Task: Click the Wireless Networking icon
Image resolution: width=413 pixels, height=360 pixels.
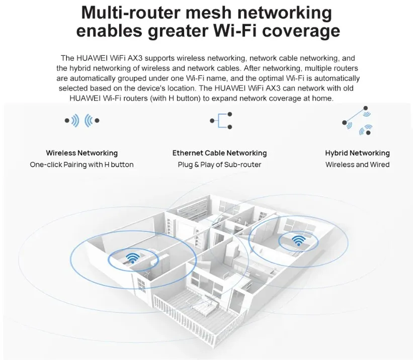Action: pyautogui.click(x=82, y=121)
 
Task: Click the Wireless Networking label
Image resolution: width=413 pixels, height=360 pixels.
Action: pyautogui.click(x=81, y=153)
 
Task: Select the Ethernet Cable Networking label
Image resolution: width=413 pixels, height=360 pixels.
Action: pyautogui.click(x=219, y=153)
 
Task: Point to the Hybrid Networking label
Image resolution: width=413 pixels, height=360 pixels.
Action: pyautogui.click(x=357, y=153)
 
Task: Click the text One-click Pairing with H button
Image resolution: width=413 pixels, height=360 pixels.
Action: pyautogui.click(x=81, y=164)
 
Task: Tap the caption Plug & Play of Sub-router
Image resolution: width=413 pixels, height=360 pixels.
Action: pyautogui.click(x=219, y=164)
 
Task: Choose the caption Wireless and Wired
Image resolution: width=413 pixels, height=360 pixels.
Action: pyautogui.click(x=357, y=164)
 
